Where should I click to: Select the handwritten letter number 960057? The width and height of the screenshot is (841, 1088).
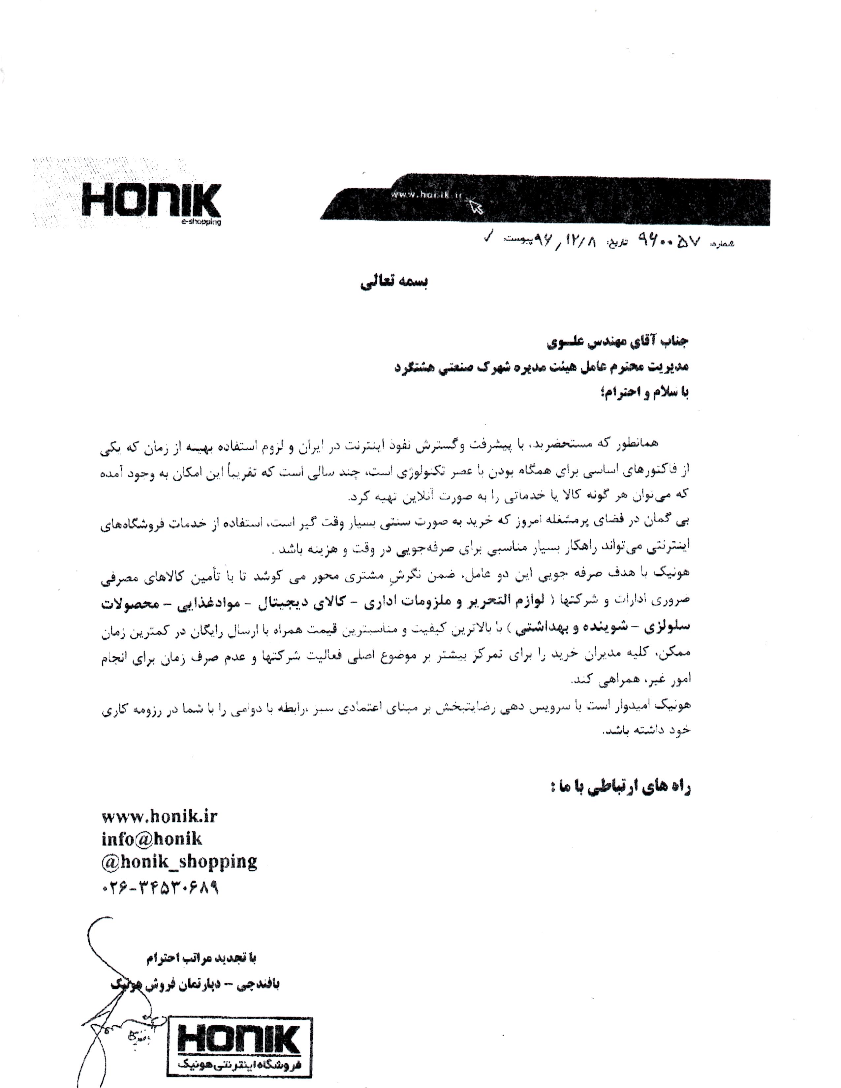click(x=669, y=243)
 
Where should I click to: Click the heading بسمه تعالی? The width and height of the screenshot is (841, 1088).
click(x=393, y=282)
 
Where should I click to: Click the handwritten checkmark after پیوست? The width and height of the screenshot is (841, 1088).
click(x=489, y=239)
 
